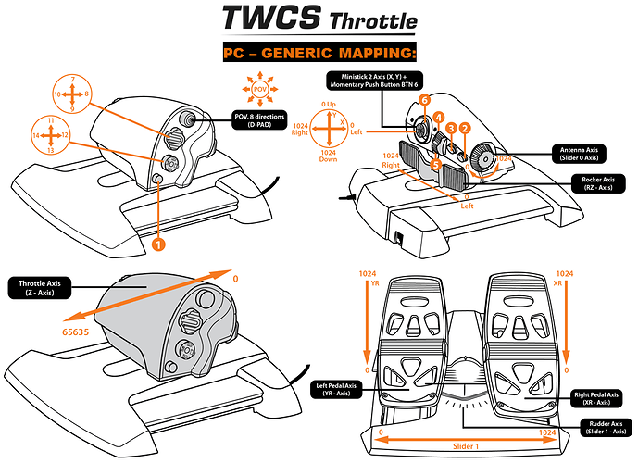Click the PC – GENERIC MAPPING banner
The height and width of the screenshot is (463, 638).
(319, 53)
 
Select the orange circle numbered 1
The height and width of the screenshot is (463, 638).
(158, 244)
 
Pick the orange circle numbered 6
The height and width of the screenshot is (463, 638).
(424, 100)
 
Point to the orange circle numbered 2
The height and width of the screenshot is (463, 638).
(466, 129)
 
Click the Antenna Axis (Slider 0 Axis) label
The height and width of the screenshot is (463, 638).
(574, 152)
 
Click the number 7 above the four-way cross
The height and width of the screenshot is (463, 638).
(72, 78)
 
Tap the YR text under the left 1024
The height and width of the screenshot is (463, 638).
(375, 285)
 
